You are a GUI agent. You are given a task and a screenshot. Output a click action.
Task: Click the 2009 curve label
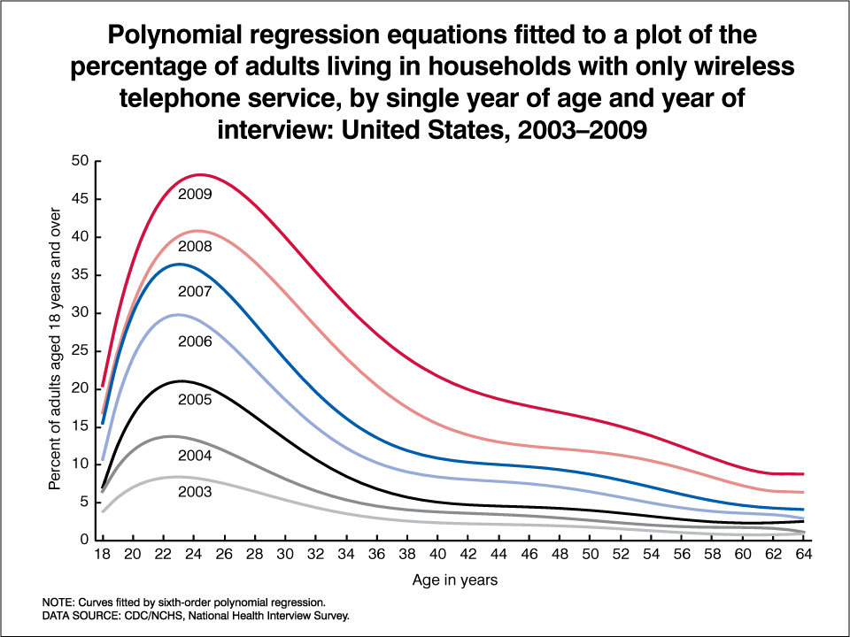(195, 194)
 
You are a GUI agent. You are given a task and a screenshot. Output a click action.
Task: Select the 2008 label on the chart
(195, 247)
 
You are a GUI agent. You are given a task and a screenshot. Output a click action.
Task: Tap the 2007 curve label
(195, 291)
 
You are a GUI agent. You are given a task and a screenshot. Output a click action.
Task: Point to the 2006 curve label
(195, 341)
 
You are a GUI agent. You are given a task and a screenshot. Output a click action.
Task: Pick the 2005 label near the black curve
(195, 400)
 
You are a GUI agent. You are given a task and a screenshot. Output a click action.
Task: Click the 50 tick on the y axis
(81, 161)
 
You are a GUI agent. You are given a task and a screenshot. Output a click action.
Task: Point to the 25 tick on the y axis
(81, 350)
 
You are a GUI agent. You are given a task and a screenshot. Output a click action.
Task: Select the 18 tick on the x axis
(103, 556)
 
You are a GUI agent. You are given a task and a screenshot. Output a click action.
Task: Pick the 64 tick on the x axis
(802, 556)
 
